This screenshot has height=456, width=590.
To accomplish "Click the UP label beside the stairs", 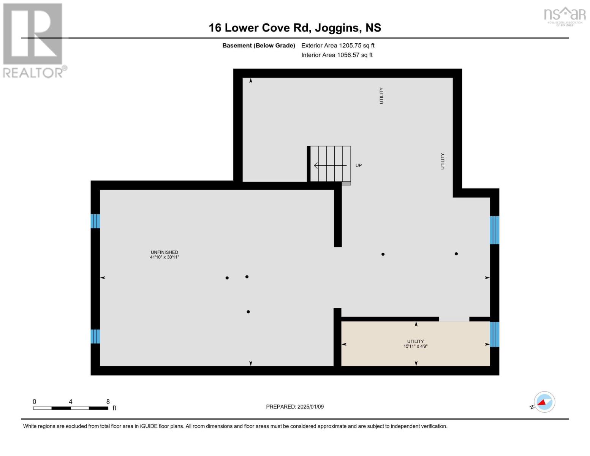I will (358, 166).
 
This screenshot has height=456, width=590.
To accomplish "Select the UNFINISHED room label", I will (164, 252).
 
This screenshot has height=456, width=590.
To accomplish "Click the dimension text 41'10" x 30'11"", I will (164, 257).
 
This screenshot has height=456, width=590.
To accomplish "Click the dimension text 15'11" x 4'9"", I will (415, 347).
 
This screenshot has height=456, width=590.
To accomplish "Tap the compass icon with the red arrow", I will (544, 402).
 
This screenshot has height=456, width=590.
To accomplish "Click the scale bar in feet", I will (70, 408).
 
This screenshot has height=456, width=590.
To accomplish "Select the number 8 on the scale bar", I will (108, 402).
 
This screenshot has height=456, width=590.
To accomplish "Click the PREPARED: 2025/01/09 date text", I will (295, 407).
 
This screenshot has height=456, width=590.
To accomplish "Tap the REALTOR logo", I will (33, 40).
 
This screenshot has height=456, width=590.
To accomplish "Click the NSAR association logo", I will (565, 16).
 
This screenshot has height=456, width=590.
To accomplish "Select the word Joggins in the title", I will (337, 28).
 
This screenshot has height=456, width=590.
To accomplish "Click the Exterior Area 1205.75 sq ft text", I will (338, 46).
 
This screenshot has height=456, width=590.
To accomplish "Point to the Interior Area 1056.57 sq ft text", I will (337, 55).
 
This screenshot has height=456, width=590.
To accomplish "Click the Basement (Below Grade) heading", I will (259, 46).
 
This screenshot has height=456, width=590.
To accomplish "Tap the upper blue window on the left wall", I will (95, 221).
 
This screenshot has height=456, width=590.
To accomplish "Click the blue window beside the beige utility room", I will (494, 334).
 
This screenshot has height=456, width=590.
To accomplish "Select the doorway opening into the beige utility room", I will (454, 319).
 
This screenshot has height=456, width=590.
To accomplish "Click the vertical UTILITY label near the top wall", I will (381, 95).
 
